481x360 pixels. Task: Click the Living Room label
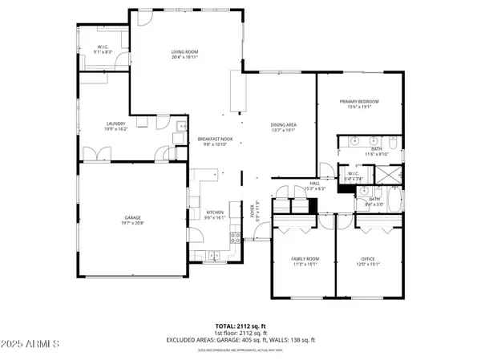184,52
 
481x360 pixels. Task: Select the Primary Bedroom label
359,101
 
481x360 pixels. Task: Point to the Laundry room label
116,123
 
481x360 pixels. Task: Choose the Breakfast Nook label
214,140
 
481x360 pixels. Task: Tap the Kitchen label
213,212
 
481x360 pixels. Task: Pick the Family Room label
305,258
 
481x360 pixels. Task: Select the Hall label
314,184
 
